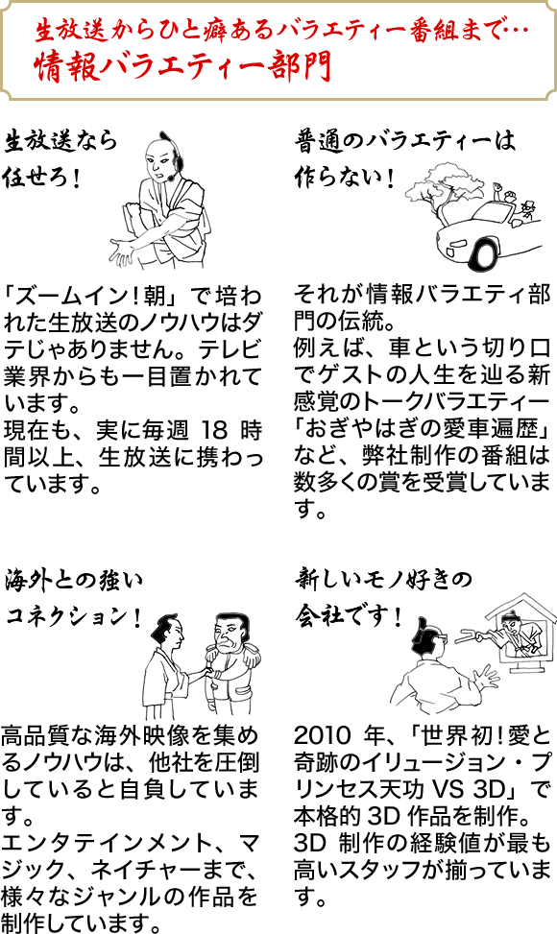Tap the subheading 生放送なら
point(61,142)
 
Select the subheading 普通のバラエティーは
point(404,142)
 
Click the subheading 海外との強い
point(74,580)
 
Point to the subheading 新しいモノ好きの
point(383,579)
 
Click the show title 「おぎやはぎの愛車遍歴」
point(422,429)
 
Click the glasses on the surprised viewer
point(442,635)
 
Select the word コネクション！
point(73,617)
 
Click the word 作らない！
point(345,178)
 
